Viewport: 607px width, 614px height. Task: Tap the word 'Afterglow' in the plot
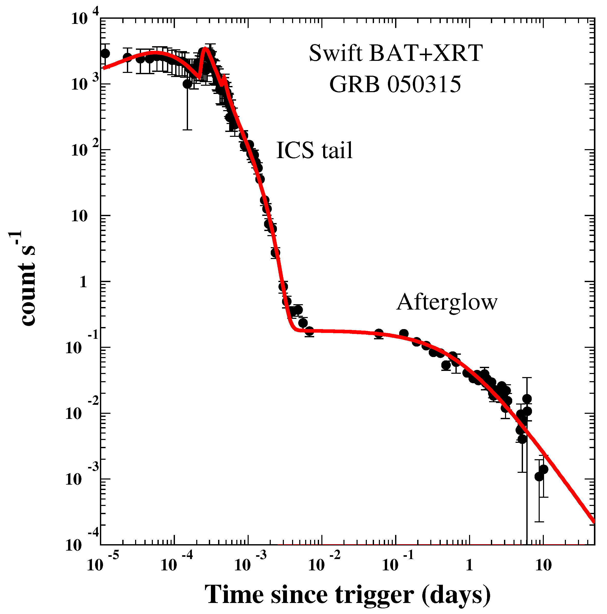(x=446, y=302)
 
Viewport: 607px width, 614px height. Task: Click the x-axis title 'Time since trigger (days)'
(x=347, y=594)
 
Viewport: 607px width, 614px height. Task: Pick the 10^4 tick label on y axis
(x=84, y=18)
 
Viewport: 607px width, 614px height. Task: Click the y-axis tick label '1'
(x=83, y=282)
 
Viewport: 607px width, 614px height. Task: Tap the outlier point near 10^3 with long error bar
(x=187, y=84)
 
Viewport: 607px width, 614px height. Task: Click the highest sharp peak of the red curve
(x=206, y=48)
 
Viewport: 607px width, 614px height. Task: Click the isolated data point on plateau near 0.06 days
(x=378, y=333)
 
